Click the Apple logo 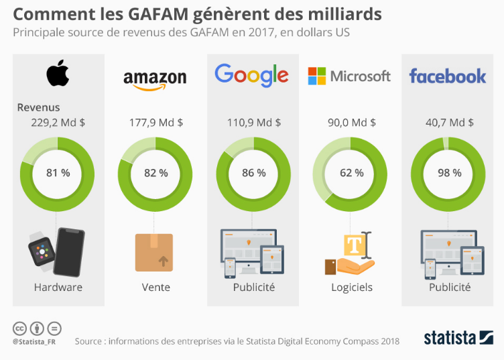57,74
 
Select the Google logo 251,75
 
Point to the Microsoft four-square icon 316,76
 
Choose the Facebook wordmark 447,76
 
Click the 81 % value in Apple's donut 58,172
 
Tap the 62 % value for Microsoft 351,172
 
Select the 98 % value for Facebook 448,172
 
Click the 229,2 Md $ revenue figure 58,123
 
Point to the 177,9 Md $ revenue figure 155,123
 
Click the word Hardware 58,287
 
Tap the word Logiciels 351,287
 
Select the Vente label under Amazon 155,287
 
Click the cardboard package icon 154,252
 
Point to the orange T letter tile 353,245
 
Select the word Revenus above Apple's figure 38,107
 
